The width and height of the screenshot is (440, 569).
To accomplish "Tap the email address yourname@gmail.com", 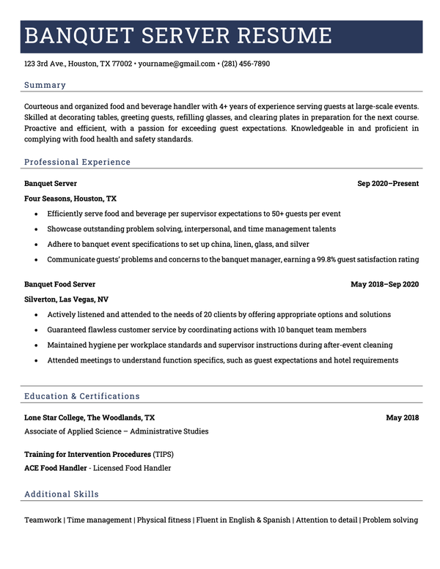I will click(x=177, y=64).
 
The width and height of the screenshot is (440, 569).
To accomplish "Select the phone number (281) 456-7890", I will click(x=246, y=64).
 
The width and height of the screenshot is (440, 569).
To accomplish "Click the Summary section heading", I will click(x=45, y=85).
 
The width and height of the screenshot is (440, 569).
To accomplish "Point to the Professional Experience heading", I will click(x=77, y=162).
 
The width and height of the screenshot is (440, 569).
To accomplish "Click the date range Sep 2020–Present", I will click(x=388, y=184).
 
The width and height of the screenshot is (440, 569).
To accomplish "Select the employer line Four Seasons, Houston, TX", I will click(x=70, y=198).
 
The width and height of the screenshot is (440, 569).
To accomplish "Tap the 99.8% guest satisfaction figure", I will click(x=349, y=259).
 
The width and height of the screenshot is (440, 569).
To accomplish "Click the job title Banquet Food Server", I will click(x=59, y=284).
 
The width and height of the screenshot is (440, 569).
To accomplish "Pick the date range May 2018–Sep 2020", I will click(x=384, y=284).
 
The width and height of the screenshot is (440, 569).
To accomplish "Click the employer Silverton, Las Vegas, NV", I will click(x=66, y=300).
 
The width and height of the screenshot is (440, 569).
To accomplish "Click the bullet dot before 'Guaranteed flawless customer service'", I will click(x=35, y=330).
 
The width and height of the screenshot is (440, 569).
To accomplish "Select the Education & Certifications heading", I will click(x=81, y=396).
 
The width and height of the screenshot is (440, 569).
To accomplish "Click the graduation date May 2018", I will click(x=403, y=417).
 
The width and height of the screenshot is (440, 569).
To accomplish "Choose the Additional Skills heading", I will click(x=62, y=494).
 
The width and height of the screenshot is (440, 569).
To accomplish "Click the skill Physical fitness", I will click(x=163, y=520).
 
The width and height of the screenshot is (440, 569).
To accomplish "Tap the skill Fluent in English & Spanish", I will click(x=243, y=520).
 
